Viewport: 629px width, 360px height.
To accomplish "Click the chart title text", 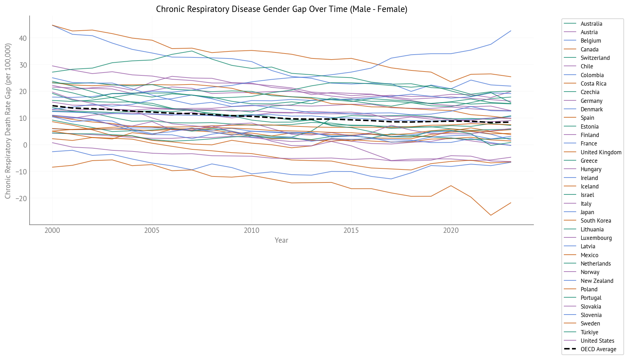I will (x=281, y=9).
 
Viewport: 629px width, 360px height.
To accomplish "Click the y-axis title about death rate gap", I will (x=8, y=121).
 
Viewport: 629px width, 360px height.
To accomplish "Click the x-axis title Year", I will (x=281, y=240).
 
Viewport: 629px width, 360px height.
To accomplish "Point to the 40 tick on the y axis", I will (x=23, y=38).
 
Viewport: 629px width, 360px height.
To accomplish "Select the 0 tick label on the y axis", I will (x=25, y=145).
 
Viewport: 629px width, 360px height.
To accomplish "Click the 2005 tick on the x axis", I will (x=152, y=230).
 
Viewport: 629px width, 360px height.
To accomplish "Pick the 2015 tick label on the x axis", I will (x=351, y=230).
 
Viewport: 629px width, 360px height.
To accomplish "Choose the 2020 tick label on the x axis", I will (x=451, y=230).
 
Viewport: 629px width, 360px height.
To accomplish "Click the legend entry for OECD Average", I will (x=598, y=349).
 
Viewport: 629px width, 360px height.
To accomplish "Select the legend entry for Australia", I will (x=591, y=24).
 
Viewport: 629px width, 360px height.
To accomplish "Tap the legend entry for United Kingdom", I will (x=601, y=153).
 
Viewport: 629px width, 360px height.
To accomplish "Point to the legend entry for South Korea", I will (x=596, y=221).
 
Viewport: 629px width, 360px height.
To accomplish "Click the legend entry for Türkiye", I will (x=589, y=333).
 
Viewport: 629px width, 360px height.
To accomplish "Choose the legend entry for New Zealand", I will (x=597, y=281).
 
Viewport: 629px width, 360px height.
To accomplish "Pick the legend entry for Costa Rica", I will (x=593, y=84).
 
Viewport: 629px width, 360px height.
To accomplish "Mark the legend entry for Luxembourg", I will (x=596, y=238).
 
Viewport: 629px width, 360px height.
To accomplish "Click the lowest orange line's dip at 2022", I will (x=491, y=215).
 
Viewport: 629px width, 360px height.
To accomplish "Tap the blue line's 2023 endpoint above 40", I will (x=511, y=31).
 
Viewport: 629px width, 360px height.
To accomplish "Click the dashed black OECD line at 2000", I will (x=52, y=106).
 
